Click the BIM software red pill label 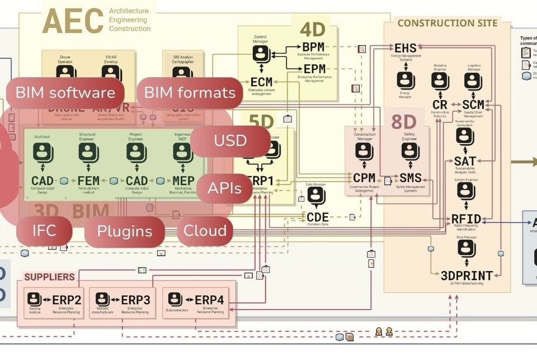[65, 93]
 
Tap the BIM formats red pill [190, 93]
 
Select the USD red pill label [230, 141]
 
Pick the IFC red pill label [44, 231]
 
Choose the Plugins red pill [124, 231]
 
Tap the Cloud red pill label [205, 231]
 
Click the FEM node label [89, 181]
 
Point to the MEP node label [183, 181]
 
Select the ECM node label [261, 83]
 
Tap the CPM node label [364, 178]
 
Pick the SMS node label [410, 178]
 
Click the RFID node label [467, 219]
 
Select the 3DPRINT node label [467, 276]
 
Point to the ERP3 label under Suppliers [135, 300]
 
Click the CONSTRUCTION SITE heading [447, 23]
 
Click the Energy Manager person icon [406, 80]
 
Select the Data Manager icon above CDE [317, 196]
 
